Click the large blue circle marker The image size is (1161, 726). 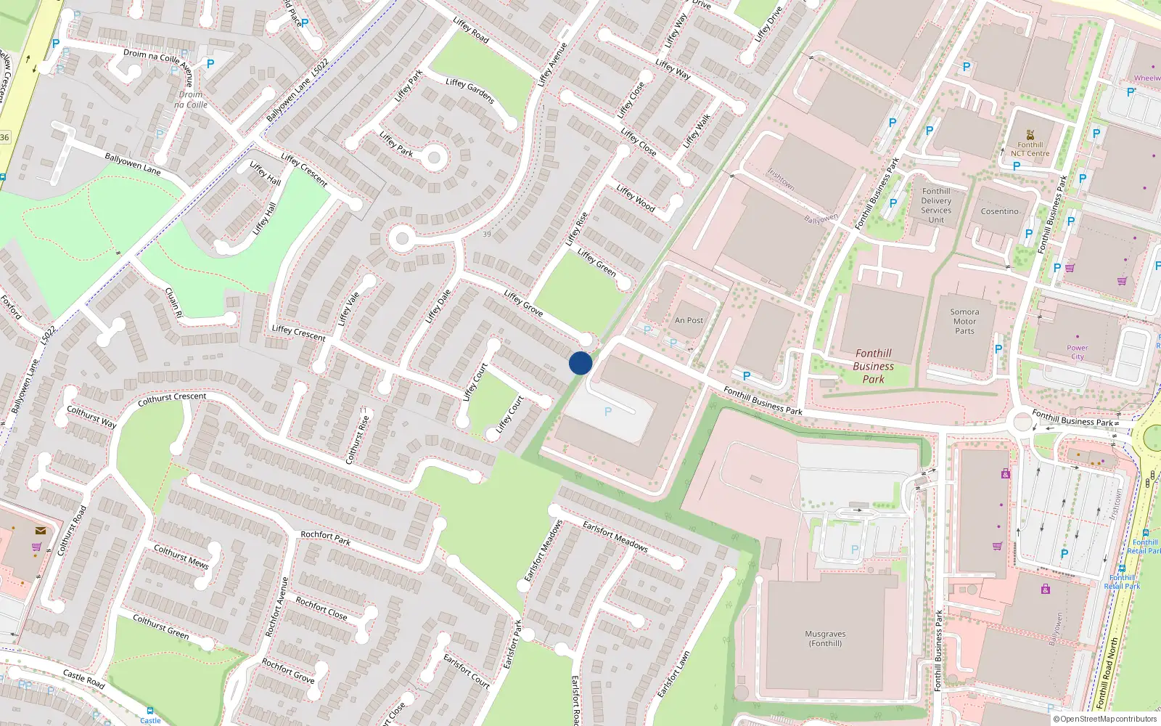580,363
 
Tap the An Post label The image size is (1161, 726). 689,320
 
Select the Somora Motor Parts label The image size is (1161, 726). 964,322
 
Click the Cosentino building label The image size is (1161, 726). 999,211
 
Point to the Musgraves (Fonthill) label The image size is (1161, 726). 825,638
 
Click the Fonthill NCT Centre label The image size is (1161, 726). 1030,149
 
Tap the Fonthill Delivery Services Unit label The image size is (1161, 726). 936,205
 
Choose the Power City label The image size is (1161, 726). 1078,352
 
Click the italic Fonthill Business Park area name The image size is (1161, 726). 873,366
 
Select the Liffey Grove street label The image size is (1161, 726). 523,303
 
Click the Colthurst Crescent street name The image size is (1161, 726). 172,399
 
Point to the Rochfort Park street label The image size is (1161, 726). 326,537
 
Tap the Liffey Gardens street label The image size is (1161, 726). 470,91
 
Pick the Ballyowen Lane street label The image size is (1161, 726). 133,164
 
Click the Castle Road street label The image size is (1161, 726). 83,679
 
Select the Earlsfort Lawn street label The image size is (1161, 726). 673,674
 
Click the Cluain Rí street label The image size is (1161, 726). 174,303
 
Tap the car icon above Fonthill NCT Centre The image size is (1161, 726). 1030,134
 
